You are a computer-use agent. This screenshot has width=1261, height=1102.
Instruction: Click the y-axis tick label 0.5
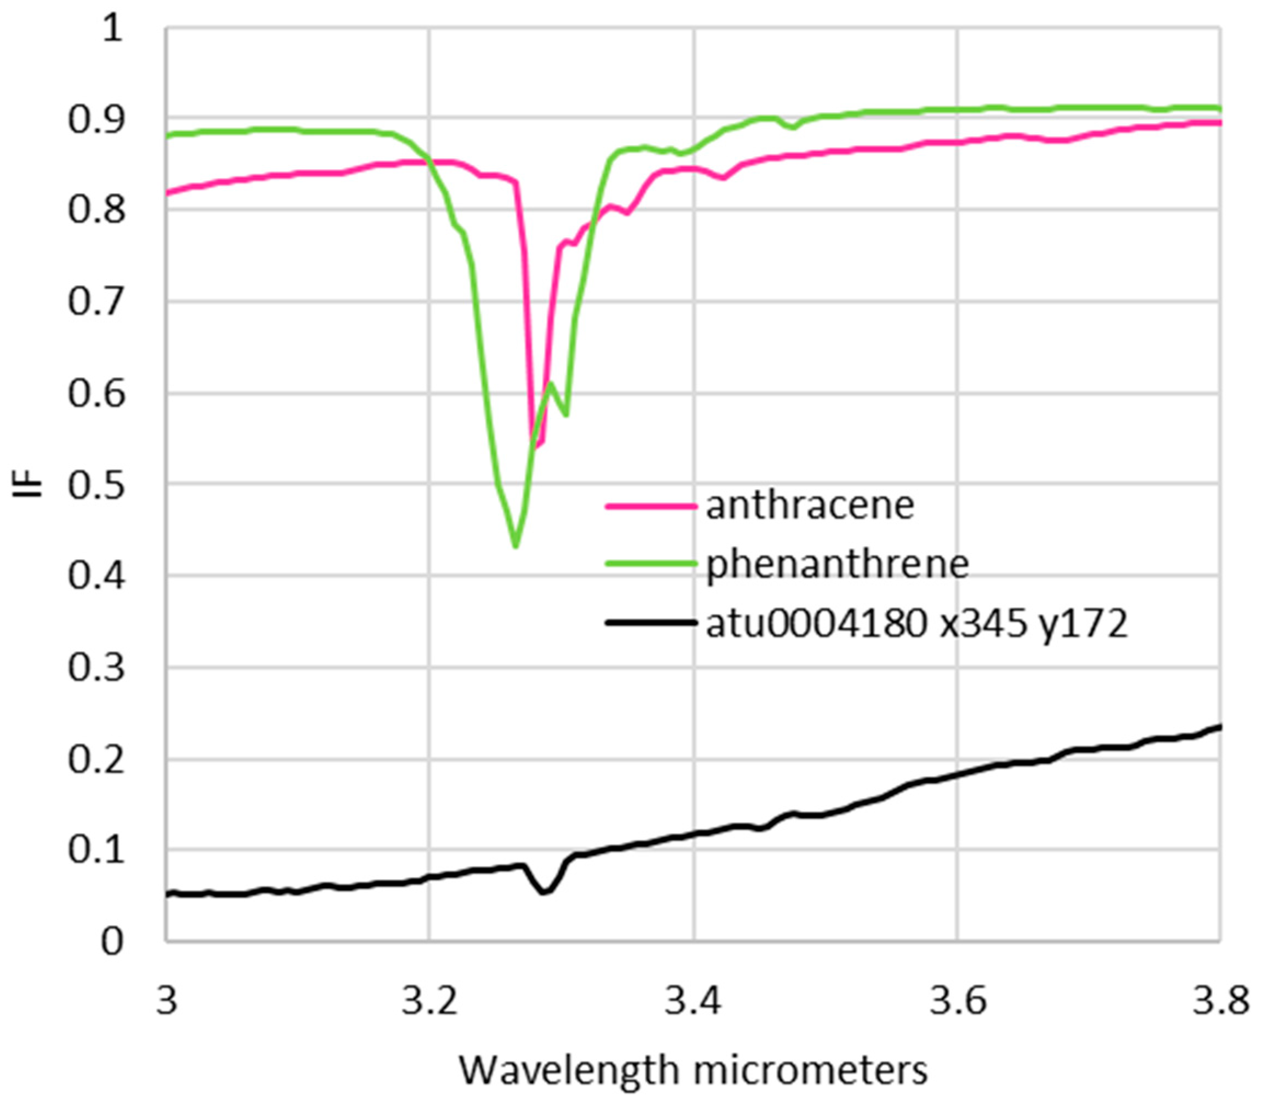(96, 486)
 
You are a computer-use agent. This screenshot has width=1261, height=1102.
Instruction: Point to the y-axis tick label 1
(112, 28)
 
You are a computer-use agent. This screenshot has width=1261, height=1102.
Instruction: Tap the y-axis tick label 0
(112, 942)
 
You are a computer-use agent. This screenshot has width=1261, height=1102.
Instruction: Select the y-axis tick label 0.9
(96, 119)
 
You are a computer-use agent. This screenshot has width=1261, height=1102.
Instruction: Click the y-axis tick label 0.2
(96, 760)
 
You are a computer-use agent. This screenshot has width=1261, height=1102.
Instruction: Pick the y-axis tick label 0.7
(96, 302)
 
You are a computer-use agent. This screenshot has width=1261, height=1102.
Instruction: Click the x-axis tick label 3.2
(430, 1001)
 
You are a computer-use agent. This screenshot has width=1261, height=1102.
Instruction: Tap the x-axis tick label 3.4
(693, 1001)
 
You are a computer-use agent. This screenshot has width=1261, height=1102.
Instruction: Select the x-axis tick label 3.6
(957, 1001)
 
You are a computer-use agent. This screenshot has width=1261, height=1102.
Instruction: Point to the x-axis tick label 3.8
(1220, 1001)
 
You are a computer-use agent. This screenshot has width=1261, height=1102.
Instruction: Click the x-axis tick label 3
(167, 1001)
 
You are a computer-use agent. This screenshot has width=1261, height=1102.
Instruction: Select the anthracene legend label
(810, 506)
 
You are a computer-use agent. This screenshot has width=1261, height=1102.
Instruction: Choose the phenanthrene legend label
(837, 565)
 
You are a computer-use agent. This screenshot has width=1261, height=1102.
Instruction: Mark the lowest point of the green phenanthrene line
(515, 546)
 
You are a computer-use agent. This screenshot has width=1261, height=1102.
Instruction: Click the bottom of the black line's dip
(545, 892)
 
